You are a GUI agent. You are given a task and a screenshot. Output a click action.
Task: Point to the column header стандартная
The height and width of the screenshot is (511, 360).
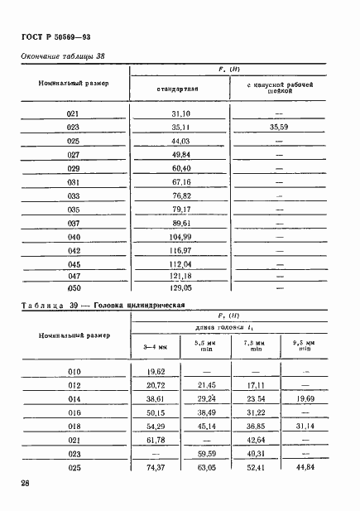click(x=180, y=89)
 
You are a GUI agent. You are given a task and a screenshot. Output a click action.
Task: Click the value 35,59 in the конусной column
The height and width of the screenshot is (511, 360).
click(x=278, y=128)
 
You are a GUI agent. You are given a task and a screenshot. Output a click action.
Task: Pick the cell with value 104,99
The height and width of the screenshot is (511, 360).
click(x=180, y=236)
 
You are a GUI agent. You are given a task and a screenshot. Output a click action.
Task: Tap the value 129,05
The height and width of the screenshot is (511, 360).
click(x=180, y=287)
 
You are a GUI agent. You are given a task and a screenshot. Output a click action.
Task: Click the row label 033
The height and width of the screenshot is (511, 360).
click(x=73, y=195)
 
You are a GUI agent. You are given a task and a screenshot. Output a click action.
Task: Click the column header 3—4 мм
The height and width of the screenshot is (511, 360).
click(x=156, y=345)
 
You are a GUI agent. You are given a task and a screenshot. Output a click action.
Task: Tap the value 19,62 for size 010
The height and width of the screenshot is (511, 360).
click(x=156, y=373)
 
